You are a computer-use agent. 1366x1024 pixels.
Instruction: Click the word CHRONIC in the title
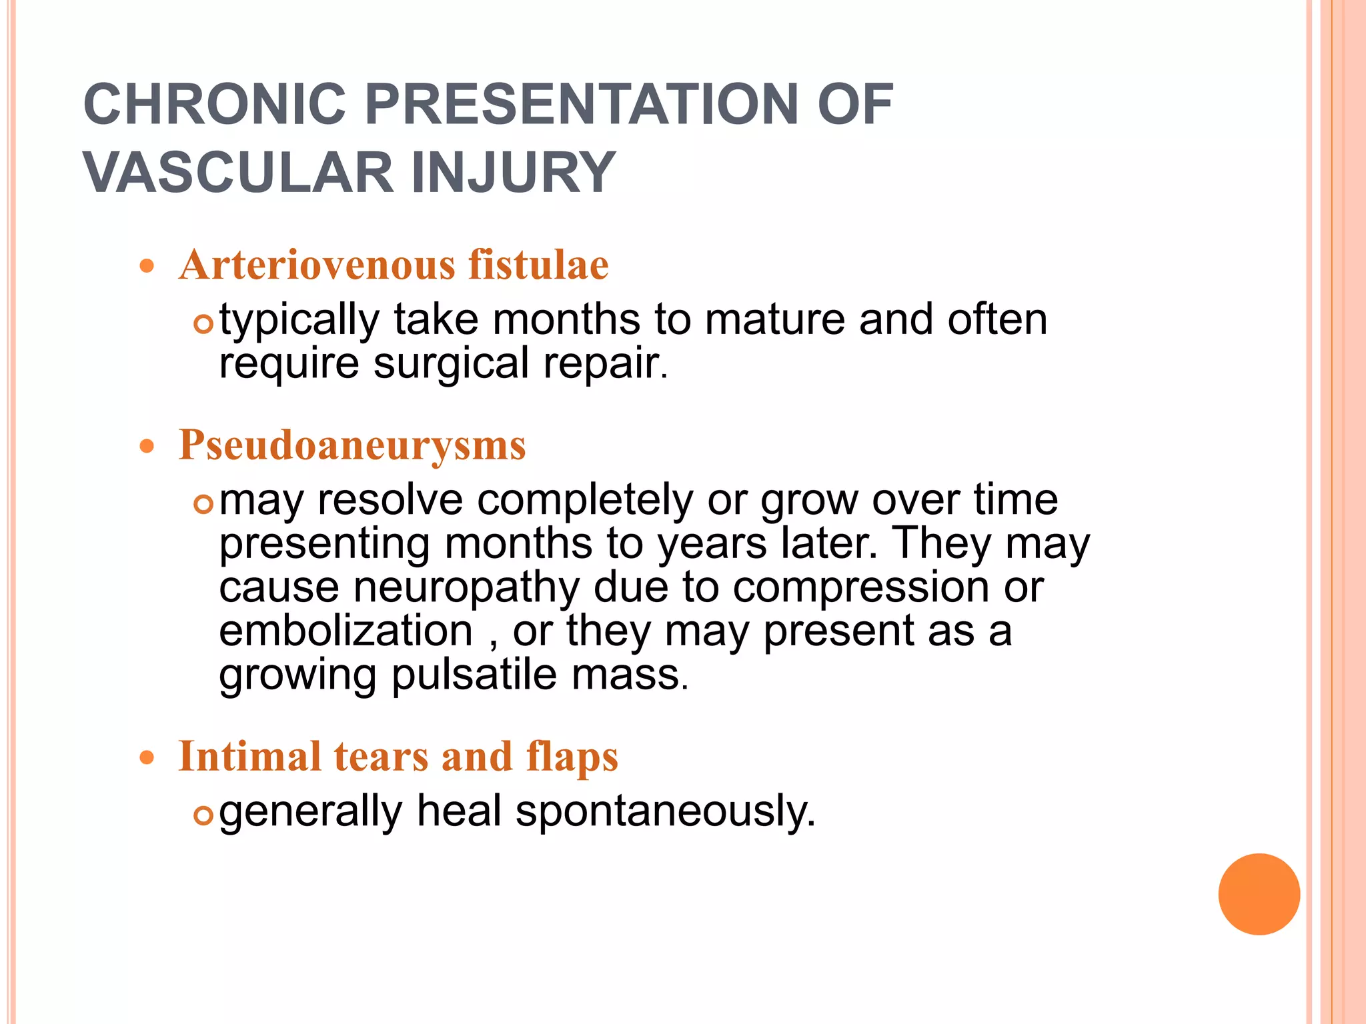coord(214,104)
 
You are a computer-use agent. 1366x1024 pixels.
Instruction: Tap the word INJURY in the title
coord(513,173)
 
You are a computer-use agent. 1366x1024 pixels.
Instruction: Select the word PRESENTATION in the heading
coord(582,104)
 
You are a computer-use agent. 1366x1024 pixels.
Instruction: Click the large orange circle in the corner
coord(1259,894)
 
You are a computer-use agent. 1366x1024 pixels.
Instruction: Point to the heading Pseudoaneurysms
coord(352,445)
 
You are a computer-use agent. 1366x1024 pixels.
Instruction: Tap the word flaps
coord(572,758)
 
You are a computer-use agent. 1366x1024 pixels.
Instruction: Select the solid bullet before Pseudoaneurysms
coord(147,446)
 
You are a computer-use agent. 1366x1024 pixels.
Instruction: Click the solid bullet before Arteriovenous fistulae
coord(147,267)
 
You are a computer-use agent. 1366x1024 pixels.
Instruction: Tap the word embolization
coord(346,631)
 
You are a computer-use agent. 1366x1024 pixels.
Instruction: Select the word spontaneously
coord(665,812)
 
